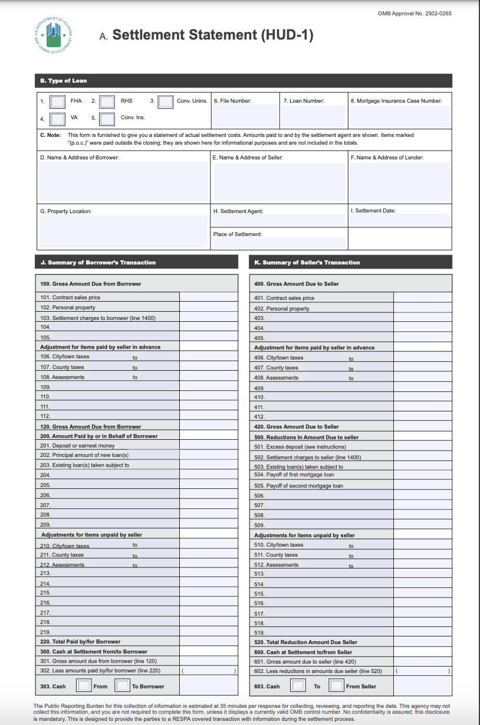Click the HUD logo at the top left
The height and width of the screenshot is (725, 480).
(x=54, y=35)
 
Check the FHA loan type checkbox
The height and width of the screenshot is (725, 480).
(x=57, y=102)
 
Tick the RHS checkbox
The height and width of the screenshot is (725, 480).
(x=107, y=102)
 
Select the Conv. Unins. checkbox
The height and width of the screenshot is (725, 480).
(x=166, y=102)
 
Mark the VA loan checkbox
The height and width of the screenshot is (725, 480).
(x=57, y=119)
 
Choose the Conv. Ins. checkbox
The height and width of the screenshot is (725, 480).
(x=107, y=119)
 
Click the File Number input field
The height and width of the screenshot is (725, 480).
(x=245, y=116)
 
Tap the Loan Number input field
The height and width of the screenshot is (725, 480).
(x=313, y=116)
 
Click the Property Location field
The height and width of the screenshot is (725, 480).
(x=123, y=230)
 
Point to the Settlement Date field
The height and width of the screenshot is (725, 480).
(x=400, y=220)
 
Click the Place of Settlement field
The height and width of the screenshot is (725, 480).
(x=279, y=243)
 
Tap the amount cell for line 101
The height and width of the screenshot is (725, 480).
(x=209, y=298)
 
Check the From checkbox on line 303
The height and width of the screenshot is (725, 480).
(x=84, y=686)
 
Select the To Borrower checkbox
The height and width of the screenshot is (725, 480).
(x=122, y=686)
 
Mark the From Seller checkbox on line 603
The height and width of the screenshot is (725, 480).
(x=336, y=686)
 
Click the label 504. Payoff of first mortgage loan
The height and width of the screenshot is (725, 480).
(x=294, y=475)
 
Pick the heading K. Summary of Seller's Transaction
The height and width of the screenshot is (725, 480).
(x=307, y=262)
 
